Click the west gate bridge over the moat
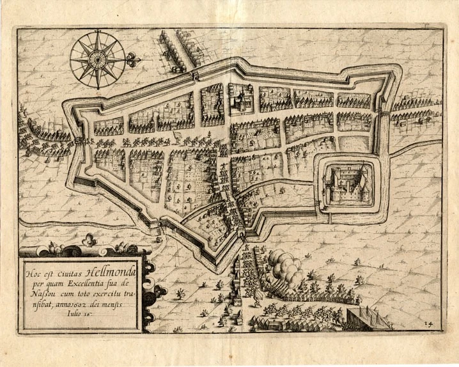tap(78, 139)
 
